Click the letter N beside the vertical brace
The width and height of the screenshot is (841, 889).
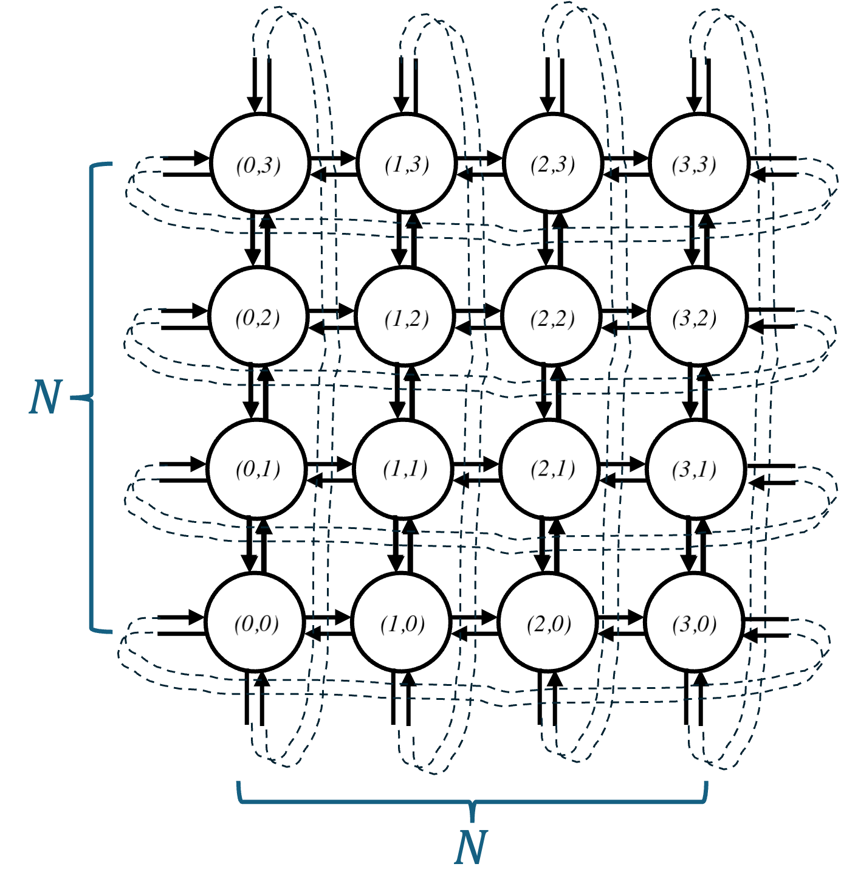click(46, 398)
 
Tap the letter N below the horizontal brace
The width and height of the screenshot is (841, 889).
click(471, 848)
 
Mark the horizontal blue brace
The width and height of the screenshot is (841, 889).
click(365, 802)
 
